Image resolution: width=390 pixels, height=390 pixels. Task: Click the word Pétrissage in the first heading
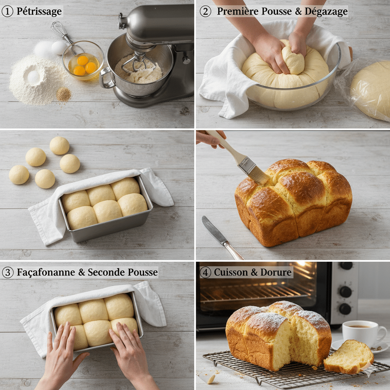(x=39, y=11)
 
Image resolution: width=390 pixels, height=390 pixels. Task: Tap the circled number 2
(x=205, y=11)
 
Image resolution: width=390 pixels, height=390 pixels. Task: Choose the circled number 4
(x=205, y=272)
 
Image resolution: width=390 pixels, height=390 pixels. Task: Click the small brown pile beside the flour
(x=63, y=94)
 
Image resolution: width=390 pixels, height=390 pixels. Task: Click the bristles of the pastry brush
(x=259, y=175)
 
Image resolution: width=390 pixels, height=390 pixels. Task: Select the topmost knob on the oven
(x=346, y=265)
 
